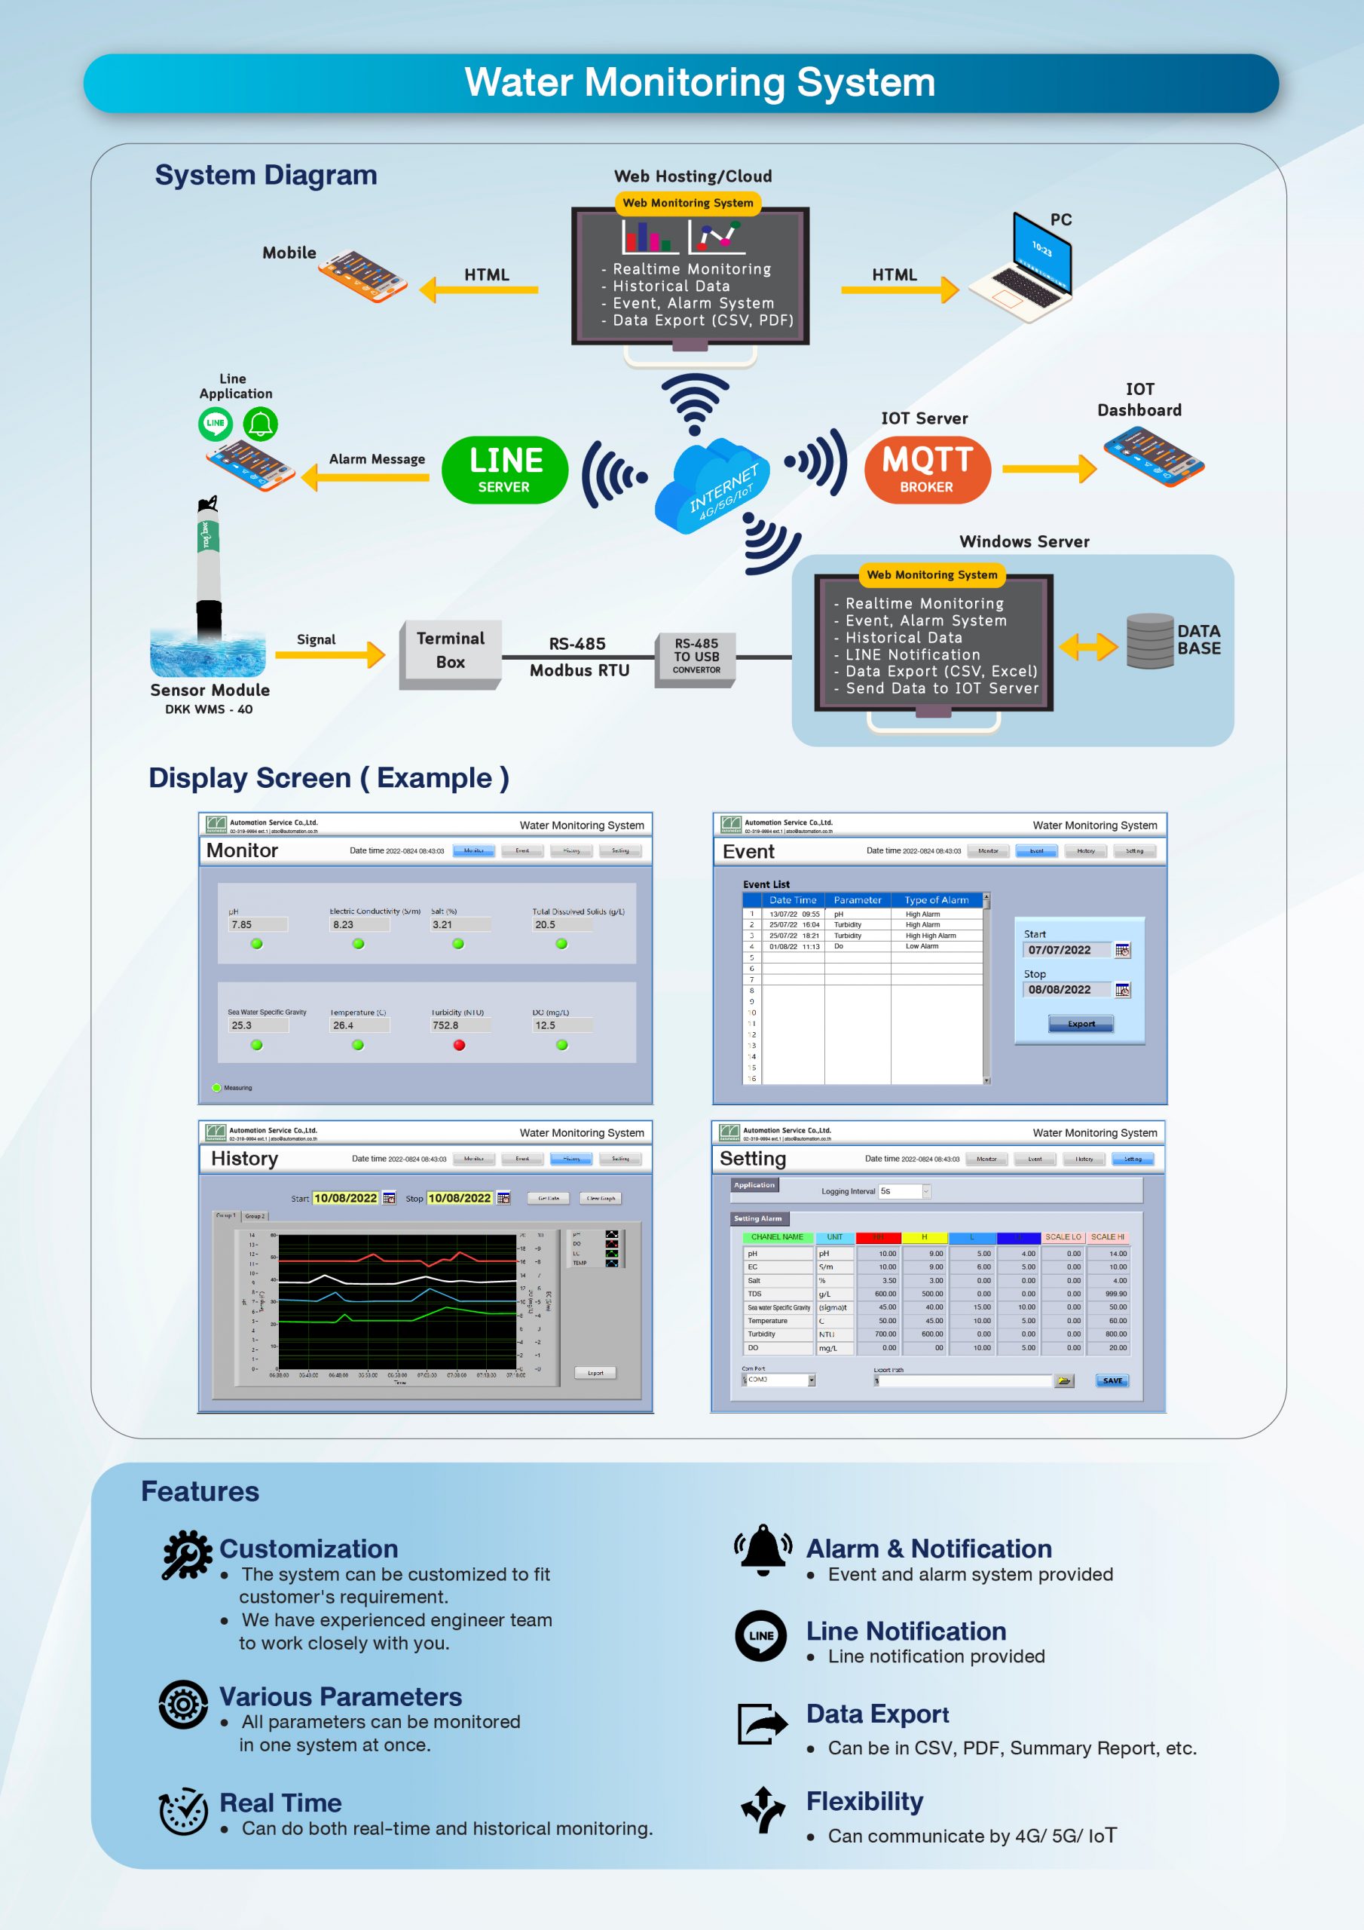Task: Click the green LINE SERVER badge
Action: click(504, 470)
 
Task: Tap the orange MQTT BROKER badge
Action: click(927, 470)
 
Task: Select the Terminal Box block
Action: click(451, 651)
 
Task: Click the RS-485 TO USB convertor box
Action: click(696, 657)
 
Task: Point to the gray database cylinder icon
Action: click(1149, 641)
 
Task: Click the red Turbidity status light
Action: click(459, 1045)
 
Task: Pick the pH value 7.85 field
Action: click(257, 924)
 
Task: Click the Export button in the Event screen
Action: click(1081, 1024)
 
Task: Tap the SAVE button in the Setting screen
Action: click(1112, 1380)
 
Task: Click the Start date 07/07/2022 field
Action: click(1066, 950)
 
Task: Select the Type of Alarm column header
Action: click(936, 900)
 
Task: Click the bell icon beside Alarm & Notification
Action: click(763, 1549)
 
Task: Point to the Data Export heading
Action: click(877, 1714)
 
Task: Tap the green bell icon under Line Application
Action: click(261, 424)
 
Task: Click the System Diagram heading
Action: click(265, 175)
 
